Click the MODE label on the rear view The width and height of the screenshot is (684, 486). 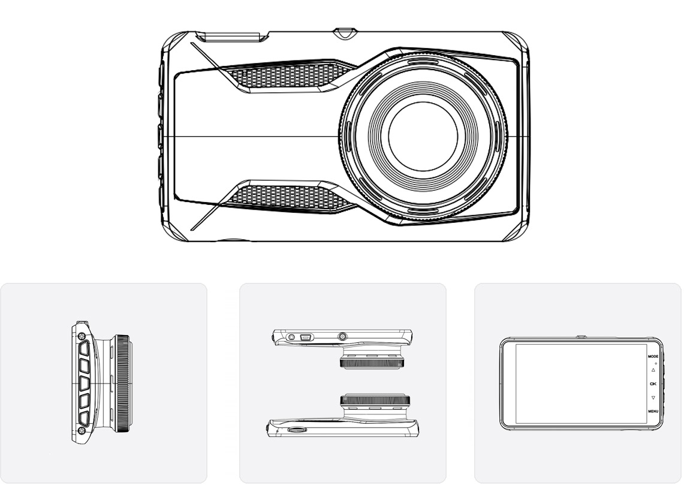[653, 356]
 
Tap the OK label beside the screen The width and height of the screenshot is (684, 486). [653, 384]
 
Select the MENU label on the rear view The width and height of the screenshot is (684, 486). [653, 411]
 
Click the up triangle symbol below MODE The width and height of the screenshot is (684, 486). [653, 370]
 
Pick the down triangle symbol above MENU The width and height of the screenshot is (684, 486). [653, 397]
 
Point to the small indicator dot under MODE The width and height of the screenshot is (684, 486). [656, 363]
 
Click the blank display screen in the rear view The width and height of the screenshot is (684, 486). [581, 384]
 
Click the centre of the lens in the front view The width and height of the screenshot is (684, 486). [423, 137]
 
